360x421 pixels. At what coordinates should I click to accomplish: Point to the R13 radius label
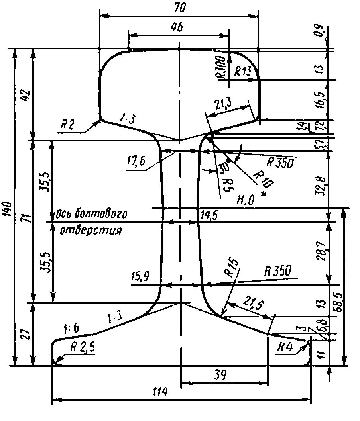pyautogui.click(x=243, y=72)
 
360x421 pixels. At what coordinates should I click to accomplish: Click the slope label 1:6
pyautogui.click(x=71, y=328)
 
